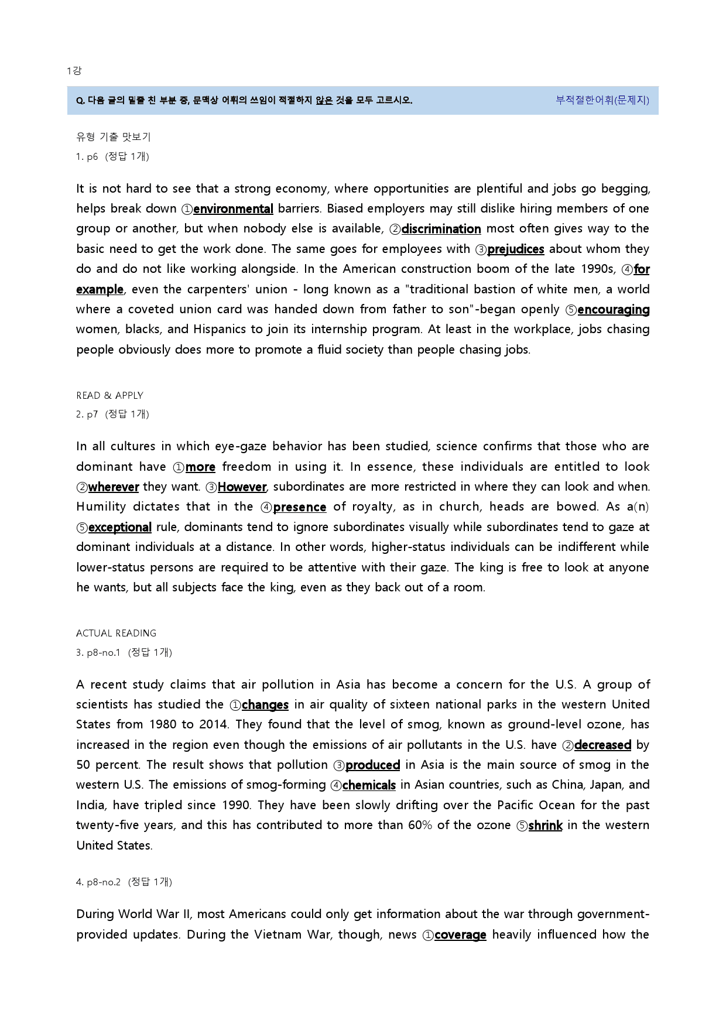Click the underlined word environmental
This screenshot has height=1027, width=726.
tap(233, 209)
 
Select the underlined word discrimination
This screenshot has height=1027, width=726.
tap(441, 229)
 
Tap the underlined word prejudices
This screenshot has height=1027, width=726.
tap(515, 249)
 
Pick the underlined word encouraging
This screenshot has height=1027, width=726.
tap(613, 310)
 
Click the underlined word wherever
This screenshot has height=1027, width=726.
tap(114, 487)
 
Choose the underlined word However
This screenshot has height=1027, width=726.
tap(242, 487)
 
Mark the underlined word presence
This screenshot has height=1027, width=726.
tap(299, 507)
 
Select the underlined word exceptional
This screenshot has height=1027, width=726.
tap(120, 528)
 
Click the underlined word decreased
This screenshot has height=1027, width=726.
tap(602, 745)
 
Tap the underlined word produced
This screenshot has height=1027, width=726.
tap(372, 765)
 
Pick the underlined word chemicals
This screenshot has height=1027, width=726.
tap(369, 785)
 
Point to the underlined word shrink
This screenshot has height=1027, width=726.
tap(545, 826)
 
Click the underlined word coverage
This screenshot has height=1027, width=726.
tap(460, 935)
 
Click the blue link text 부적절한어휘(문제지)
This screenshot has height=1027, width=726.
tap(602, 100)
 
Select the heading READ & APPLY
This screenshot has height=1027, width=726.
tap(109, 396)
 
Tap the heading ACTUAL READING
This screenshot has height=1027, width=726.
tap(116, 634)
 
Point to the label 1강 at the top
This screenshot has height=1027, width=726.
tap(74, 71)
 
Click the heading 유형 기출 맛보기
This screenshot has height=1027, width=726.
tap(113, 137)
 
